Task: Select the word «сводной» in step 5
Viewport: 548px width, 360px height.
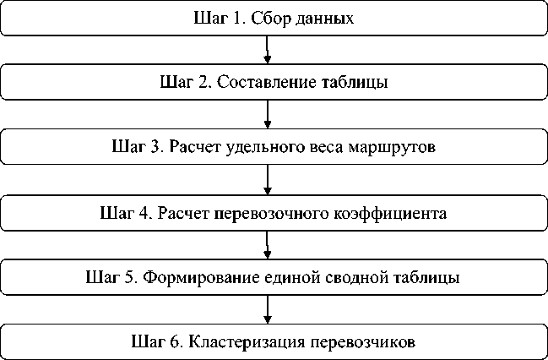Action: [350, 277]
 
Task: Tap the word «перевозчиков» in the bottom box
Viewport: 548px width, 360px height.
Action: [364, 342]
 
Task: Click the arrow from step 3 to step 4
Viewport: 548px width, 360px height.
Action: [268, 180]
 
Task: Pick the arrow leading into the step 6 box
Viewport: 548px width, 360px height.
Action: [268, 309]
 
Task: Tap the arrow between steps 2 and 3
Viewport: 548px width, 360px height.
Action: [268, 115]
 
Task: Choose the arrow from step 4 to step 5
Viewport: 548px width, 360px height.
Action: [268, 245]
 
